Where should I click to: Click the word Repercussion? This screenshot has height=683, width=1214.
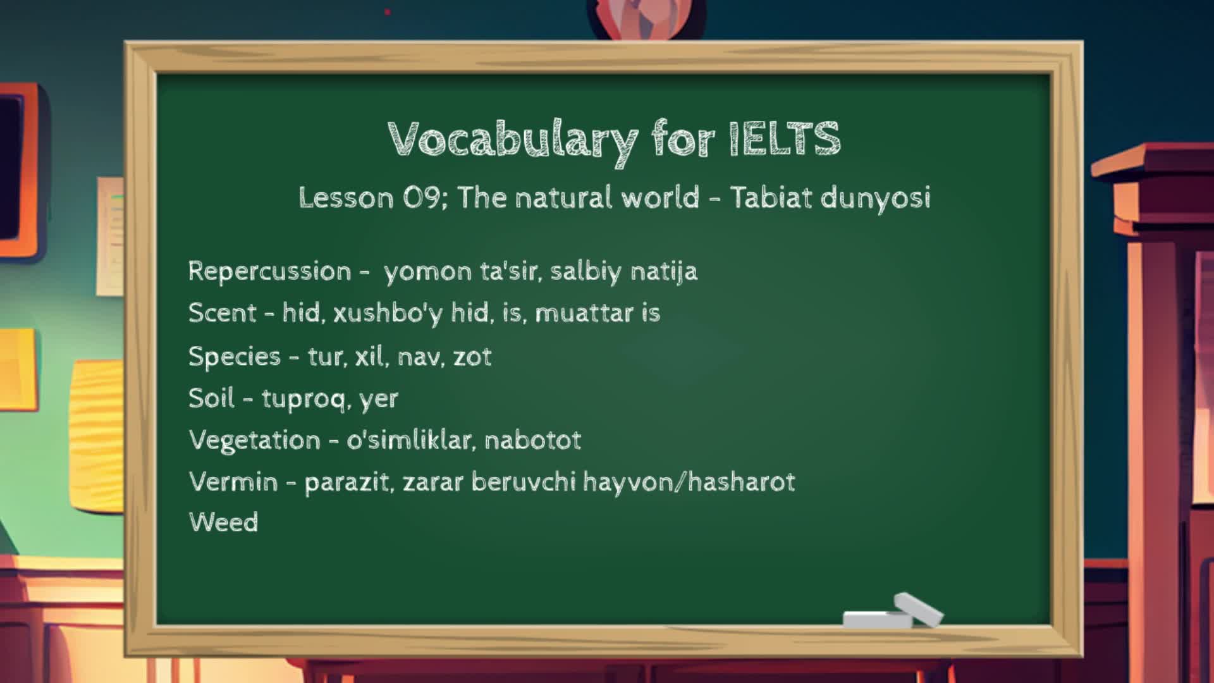coord(269,271)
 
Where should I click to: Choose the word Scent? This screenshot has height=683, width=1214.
coord(222,312)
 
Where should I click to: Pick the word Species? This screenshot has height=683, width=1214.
coord(234,357)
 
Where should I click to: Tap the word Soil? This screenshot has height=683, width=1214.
coord(211,398)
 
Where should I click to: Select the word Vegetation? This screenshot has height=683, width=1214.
coord(254,440)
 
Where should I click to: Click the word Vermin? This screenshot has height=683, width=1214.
coord(233,482)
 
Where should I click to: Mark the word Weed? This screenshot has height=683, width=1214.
coord(223,522)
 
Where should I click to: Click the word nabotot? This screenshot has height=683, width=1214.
coord(532,440)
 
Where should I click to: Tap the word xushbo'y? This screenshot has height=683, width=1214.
coord(388,313)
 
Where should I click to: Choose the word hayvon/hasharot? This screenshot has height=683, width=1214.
coord(689,483)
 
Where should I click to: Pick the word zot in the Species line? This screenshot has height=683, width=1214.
coord(472,357)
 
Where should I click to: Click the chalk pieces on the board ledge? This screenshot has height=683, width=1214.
coord(893,611)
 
